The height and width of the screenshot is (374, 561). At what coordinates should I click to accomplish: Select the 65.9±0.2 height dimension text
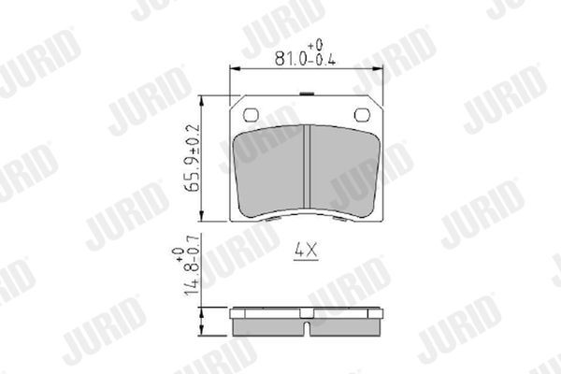192,157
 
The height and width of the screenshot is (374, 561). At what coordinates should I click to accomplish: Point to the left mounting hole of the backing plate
251,115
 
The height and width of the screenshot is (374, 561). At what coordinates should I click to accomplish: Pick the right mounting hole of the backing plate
364,115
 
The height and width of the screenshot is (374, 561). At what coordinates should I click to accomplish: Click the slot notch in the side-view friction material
309,327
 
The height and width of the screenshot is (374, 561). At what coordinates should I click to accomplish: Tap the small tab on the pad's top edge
309,96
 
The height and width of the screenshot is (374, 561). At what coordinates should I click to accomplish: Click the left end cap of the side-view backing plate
235,311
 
